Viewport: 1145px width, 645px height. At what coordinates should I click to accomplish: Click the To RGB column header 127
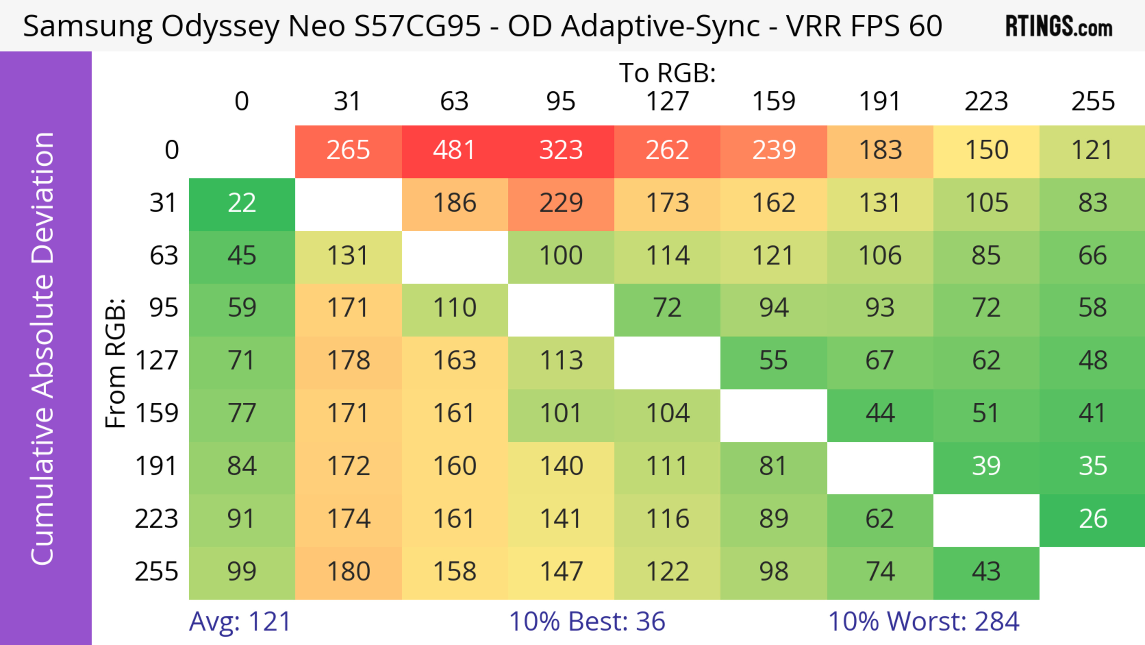667,101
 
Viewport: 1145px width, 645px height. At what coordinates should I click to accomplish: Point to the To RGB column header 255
1093,101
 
